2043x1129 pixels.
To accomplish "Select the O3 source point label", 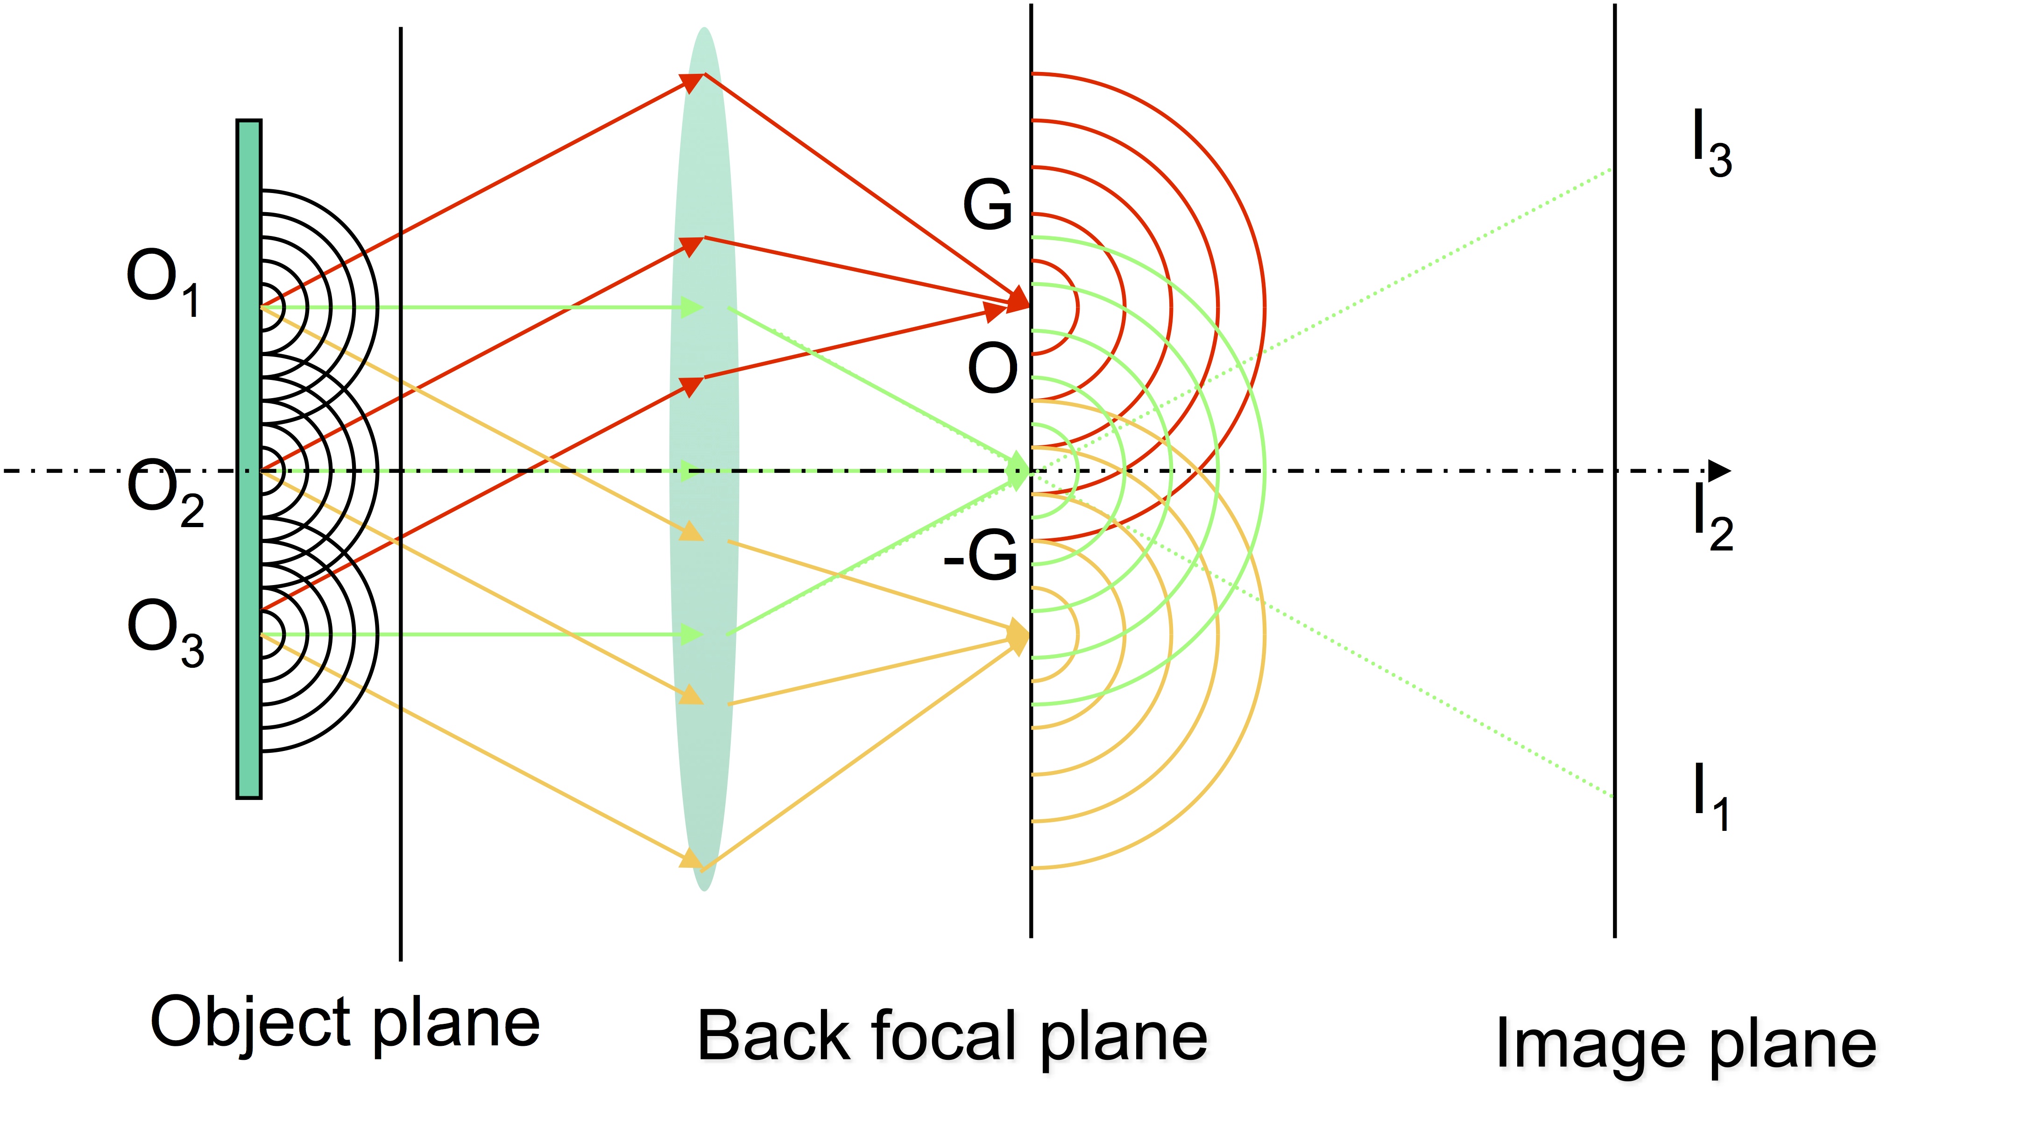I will tap(165, 632).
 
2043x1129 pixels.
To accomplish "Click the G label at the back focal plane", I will tap(987, 205).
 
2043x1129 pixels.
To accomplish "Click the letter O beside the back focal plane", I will tap(992, 368).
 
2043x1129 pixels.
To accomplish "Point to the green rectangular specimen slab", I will tap(249, 458).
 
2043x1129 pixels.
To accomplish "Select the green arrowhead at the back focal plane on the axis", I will tap(1018, 472).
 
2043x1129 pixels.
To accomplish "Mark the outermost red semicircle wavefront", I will tap(1264, 308).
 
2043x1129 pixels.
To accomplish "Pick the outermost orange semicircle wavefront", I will tap(1264, 635).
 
